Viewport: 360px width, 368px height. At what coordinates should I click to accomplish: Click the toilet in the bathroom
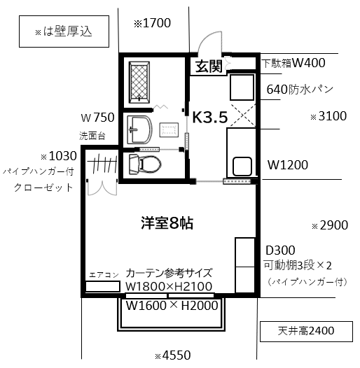pos(145,164)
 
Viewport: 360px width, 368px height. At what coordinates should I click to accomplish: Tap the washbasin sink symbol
pos(139,129)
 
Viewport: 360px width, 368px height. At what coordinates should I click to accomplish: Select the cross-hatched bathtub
pos(139,83)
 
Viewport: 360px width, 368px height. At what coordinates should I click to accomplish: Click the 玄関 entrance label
pos(209,66)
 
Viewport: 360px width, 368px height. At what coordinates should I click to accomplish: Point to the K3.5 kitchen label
pos(210,117)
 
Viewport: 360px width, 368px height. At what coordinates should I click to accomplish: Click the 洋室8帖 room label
pos(167,223)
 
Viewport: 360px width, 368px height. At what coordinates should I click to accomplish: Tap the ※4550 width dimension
pos(173,355)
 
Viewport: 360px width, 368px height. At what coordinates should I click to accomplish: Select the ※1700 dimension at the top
pos(152,23)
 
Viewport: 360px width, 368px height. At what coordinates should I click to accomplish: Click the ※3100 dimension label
pos(328,116)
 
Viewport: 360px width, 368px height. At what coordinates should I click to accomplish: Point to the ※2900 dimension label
pos(330,225)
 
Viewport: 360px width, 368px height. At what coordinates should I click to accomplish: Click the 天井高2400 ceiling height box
pos(306,331)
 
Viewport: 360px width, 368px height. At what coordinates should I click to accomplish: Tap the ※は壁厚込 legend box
pos(64,31)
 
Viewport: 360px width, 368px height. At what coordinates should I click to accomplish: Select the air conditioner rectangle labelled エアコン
pos(103,286)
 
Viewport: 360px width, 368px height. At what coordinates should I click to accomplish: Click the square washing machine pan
pos(242,87)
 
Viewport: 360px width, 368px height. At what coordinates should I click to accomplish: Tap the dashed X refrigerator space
pos(243,115)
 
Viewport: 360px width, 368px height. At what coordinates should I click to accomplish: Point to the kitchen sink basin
pos(242,167)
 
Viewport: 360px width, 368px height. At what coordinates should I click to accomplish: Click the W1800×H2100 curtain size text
pos(169,287)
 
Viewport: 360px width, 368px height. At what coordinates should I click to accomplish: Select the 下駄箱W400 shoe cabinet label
pos(293,63)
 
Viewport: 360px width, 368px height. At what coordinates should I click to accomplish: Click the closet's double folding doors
pos(102,188)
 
